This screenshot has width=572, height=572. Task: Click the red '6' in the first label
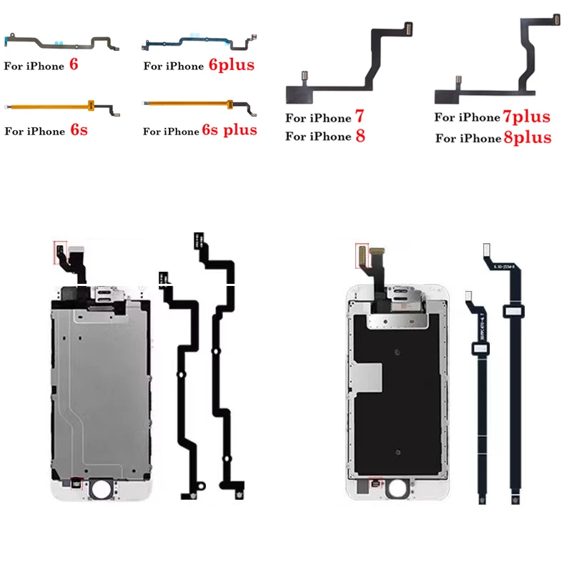point(74,65)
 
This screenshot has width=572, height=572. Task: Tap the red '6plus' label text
point(232,65)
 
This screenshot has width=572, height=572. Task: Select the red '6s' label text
point(79,131)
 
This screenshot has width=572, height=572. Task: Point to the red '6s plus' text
point(230,130)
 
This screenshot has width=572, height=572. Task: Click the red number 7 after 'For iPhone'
point(360,117)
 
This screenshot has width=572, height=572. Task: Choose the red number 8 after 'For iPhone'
point(360,136)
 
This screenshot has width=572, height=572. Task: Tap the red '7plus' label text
point(526,117)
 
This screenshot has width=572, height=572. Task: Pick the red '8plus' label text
point(527,137)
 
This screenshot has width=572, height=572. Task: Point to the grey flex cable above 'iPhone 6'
point(57,42)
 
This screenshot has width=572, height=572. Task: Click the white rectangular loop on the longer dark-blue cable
point(514,311)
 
